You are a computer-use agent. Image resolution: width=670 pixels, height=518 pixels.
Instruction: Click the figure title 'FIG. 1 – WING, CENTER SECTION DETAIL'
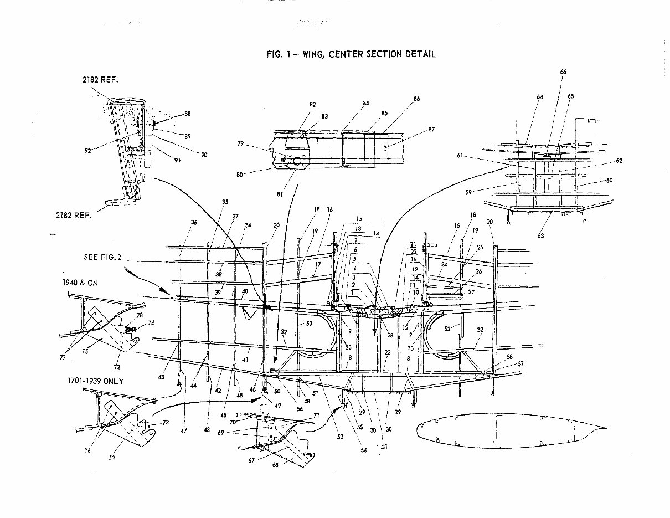pos(351,54)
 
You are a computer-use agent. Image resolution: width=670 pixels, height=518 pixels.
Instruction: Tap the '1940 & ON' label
pos(82,282)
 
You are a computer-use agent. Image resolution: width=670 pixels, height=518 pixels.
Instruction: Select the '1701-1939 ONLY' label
pos(94,382)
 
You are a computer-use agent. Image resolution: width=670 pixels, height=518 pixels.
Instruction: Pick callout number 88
pos(187,114)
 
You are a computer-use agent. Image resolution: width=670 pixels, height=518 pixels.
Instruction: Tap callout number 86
pos(416,99)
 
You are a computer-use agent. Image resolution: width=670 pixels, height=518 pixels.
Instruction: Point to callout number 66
pos(563,72)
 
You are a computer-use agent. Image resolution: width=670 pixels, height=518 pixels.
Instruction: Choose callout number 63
pos(540,236)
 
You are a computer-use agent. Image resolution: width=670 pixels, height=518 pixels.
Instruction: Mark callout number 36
pos(193,222)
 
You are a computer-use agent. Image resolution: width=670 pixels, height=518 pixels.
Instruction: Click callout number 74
pos(151,322)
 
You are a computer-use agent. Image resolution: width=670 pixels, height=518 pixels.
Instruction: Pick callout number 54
pos(364,450)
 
